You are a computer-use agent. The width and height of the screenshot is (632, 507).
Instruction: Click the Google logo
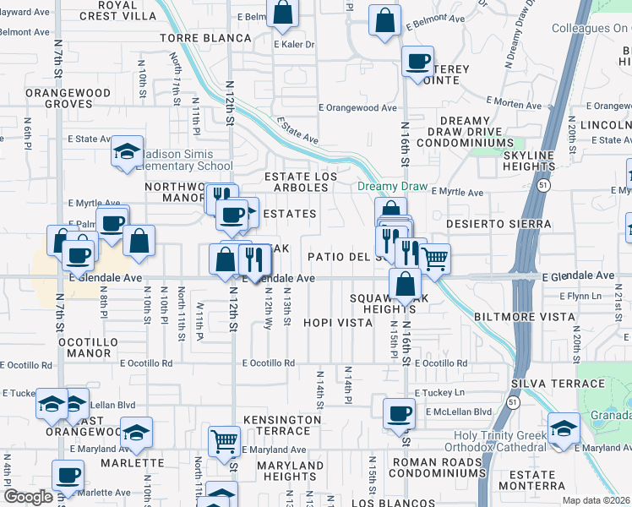[x=28, y=497]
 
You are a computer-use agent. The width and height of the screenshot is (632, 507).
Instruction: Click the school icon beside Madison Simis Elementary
[x=127, y=152]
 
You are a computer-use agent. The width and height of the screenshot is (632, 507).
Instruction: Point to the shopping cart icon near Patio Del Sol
[x=434, y=259]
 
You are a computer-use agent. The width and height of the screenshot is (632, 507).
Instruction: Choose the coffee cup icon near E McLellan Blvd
[x=399, y=414]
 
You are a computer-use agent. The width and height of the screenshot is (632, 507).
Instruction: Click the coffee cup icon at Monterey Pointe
[x=417, y=62]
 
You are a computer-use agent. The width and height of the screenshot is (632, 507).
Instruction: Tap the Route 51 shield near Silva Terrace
[x=514, y=404]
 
